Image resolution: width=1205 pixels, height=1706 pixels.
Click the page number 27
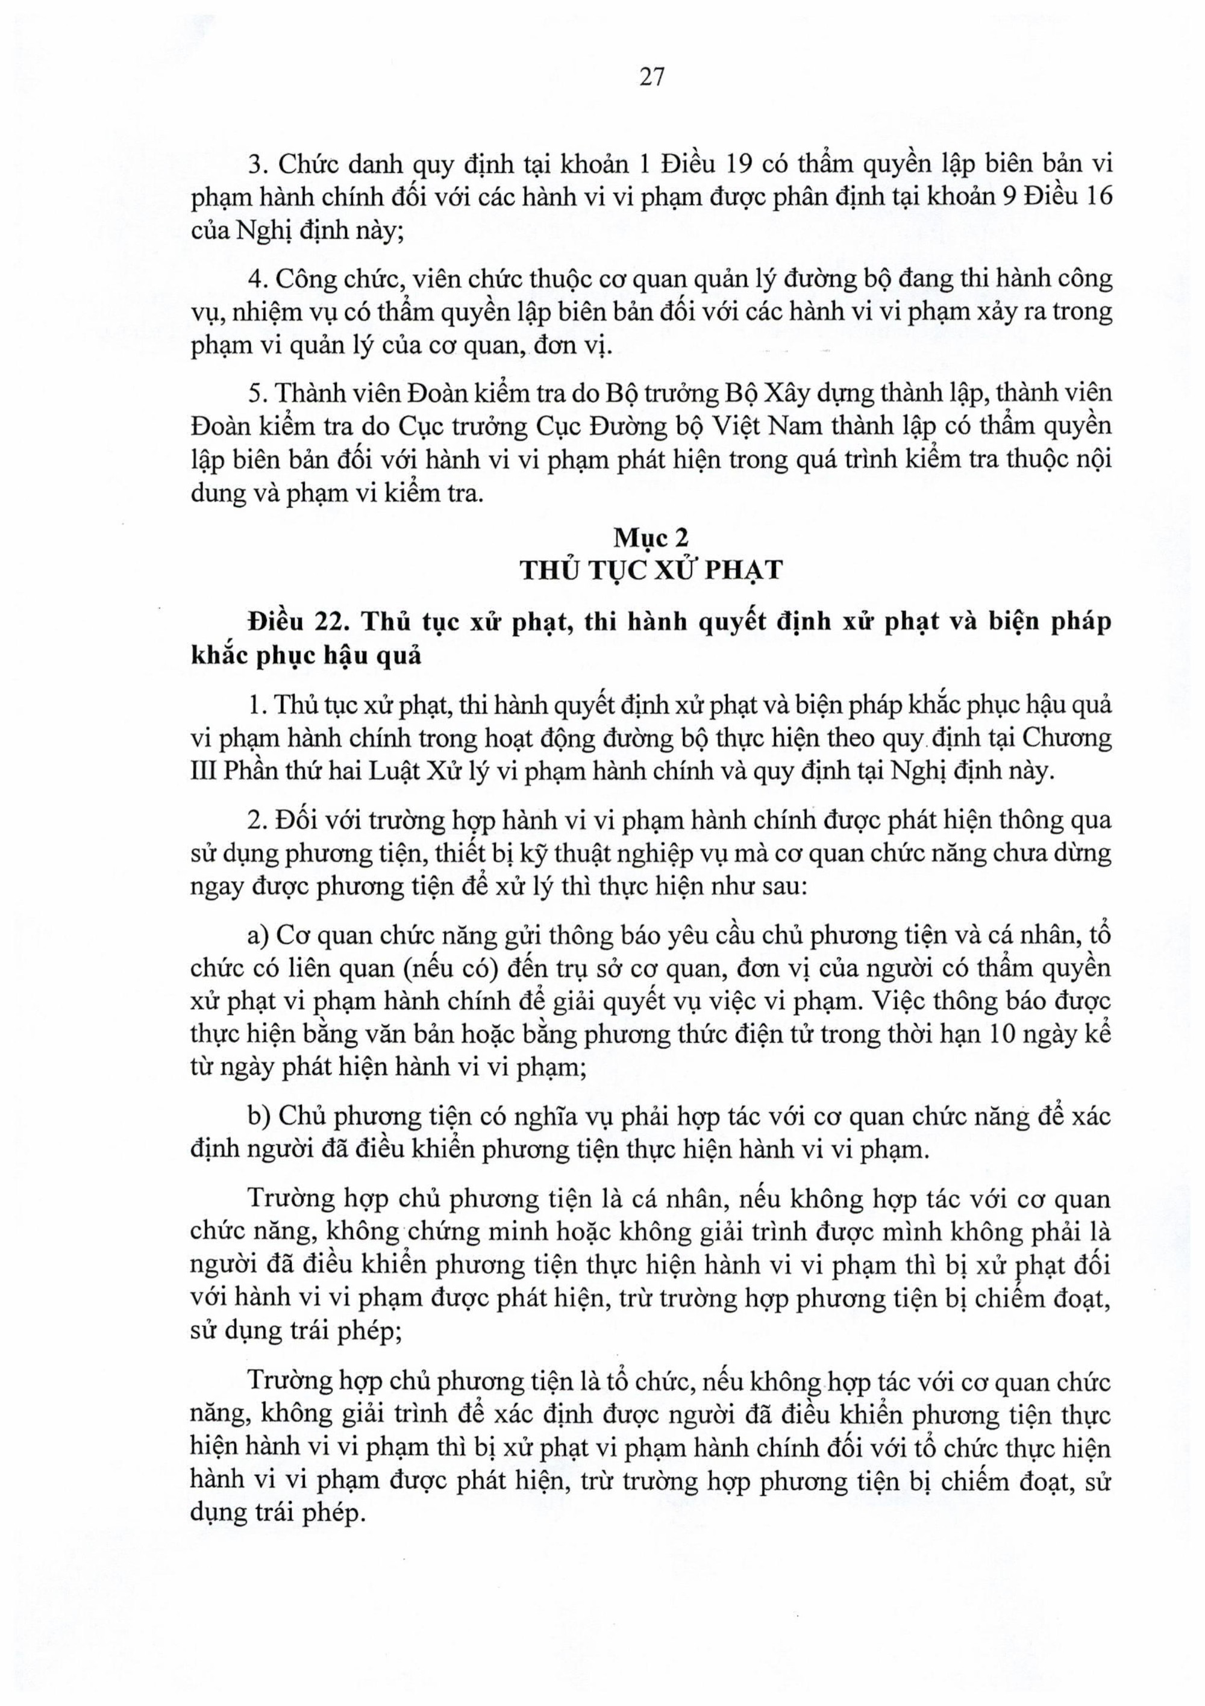[651, 77]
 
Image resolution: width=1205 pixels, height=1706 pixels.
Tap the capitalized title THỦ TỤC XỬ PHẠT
[651, 570]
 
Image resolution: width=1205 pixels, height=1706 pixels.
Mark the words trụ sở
[598, 969]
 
